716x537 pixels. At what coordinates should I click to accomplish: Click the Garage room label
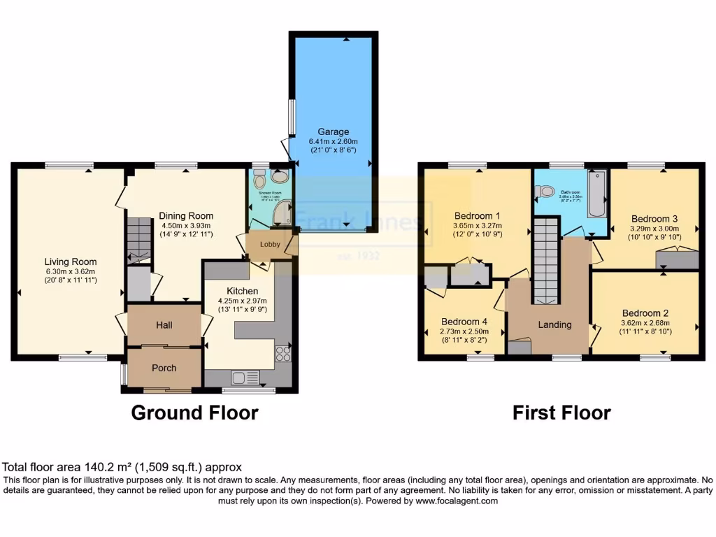point(333,131)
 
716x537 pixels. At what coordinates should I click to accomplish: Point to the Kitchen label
point(242,291)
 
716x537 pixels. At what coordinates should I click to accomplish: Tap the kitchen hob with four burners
point(284,354)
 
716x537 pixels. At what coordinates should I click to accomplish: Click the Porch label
point(164,368)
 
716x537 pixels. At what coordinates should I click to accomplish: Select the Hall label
point(164,325)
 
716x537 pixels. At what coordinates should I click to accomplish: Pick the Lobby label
point(270,245)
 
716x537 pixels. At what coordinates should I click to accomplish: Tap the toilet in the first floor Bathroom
point(547,190)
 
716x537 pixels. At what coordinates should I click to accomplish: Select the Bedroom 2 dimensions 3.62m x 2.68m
point(646,323)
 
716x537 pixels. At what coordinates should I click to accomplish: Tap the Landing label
point(554,324)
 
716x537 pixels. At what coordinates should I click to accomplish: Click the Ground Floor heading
point(194,413)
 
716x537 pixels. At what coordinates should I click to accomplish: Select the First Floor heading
point(561,413)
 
